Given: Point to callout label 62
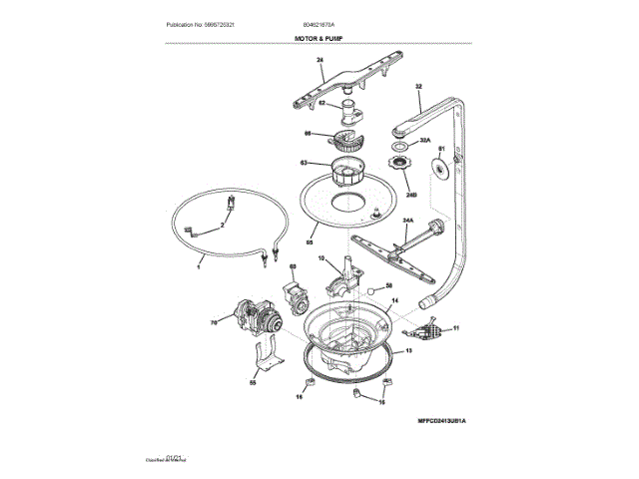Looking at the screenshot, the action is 321,103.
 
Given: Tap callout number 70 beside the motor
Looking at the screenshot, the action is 214,322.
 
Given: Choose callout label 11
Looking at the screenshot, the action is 457,327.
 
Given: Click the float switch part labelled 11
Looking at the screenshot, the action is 429,326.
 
